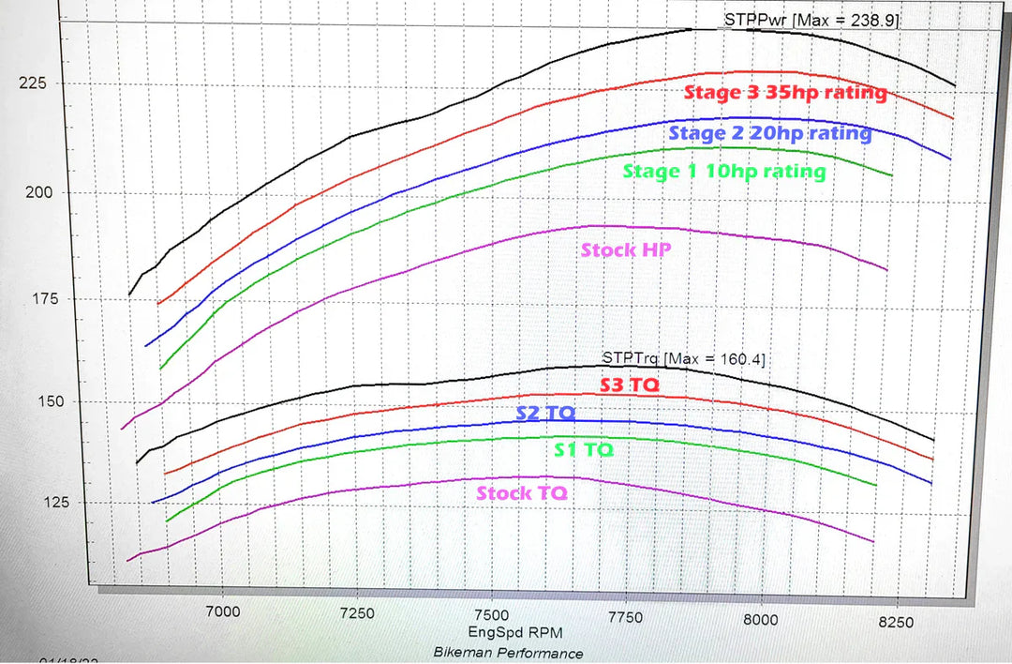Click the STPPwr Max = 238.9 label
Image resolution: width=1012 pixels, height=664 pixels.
click(x=811, y=19)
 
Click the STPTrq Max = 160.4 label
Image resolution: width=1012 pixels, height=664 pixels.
click(x=685, y=358)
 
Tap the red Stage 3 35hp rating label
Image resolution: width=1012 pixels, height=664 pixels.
click(x=785, y=93)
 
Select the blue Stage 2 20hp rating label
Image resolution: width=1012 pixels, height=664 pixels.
click(x=770, y=132)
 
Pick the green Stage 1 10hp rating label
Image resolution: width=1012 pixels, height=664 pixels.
click(x=723, y=171)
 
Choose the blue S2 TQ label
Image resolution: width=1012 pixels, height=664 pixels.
click(x=545, y=413)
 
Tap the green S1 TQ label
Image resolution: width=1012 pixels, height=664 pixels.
click(x=583, y=449)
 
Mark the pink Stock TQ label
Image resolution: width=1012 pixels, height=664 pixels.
click(x=522, y=493)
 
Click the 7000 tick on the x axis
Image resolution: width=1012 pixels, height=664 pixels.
click(x=222, y=611)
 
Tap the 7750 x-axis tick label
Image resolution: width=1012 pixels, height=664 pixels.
click(x=624, y=617)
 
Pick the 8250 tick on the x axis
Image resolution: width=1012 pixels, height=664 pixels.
click(x=897, y=621)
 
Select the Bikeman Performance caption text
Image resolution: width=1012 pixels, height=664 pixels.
click(x=508, y=653)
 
